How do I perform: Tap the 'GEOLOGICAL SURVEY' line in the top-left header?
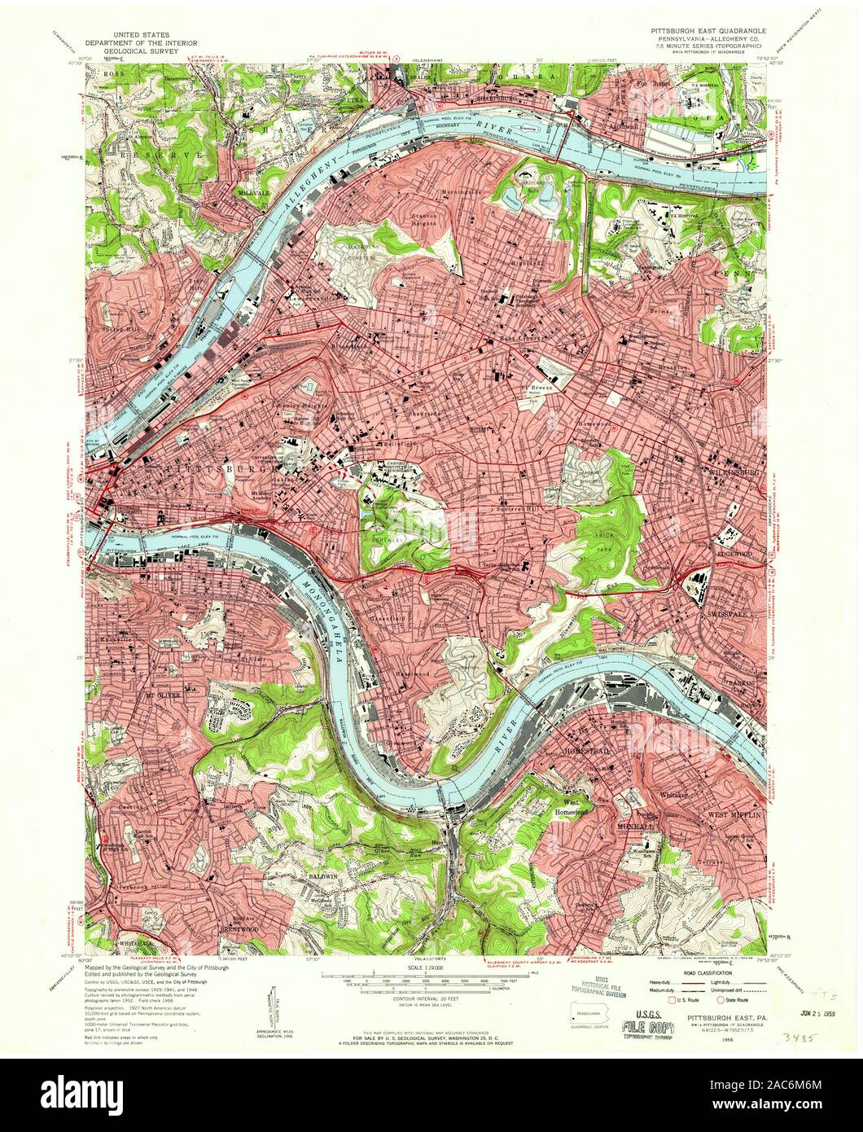(x=137, y=48)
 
